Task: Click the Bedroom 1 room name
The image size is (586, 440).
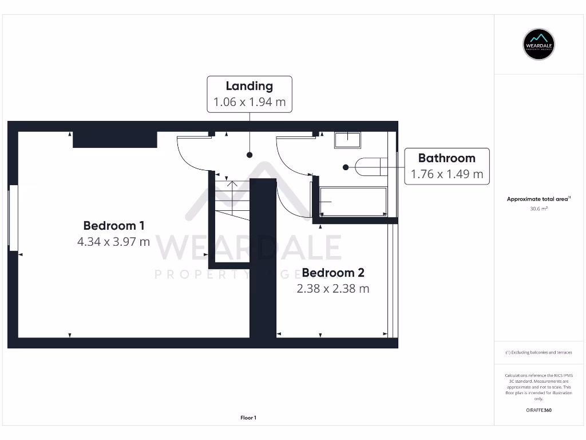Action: (113, 225)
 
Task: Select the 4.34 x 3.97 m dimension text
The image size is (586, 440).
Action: (113, 242)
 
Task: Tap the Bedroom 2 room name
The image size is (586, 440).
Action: (333, 273)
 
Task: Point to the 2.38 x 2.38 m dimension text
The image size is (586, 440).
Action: (333, 289)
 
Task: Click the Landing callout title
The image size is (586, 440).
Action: (249, 86)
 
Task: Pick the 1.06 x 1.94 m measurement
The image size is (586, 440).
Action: (249, 103)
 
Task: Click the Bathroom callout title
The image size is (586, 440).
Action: (446, 158)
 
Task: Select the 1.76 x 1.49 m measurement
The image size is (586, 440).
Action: (446, 174)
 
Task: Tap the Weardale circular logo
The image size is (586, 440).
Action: (539, 44)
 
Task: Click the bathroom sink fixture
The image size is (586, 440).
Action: (347, 140)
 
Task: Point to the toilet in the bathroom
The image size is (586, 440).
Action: (369, 167)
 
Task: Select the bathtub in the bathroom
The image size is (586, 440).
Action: (353, 201)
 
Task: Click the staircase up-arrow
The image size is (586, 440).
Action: (232, 184)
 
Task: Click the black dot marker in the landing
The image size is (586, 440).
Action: (250, 155)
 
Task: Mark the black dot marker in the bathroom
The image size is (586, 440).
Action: (346, 167)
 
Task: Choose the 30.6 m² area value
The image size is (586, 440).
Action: (539, 209)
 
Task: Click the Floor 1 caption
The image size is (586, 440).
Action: (248, 418)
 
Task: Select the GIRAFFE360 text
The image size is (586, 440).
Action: (539, 410)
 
